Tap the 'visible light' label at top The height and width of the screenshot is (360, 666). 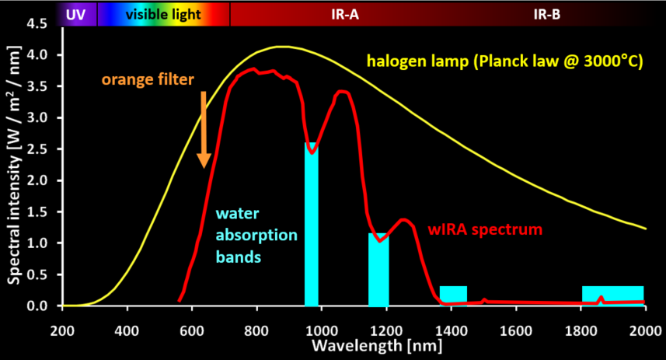163,14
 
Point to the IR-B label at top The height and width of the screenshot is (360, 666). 546,14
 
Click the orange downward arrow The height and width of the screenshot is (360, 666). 204,129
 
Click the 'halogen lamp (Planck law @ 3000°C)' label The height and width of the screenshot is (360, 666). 505,61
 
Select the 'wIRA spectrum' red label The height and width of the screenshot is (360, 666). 485,230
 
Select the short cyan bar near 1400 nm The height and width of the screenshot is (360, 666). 453,294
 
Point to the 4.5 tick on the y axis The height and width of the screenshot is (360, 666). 36,24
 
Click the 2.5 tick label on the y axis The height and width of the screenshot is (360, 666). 36,149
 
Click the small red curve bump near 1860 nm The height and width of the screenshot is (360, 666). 601,298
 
